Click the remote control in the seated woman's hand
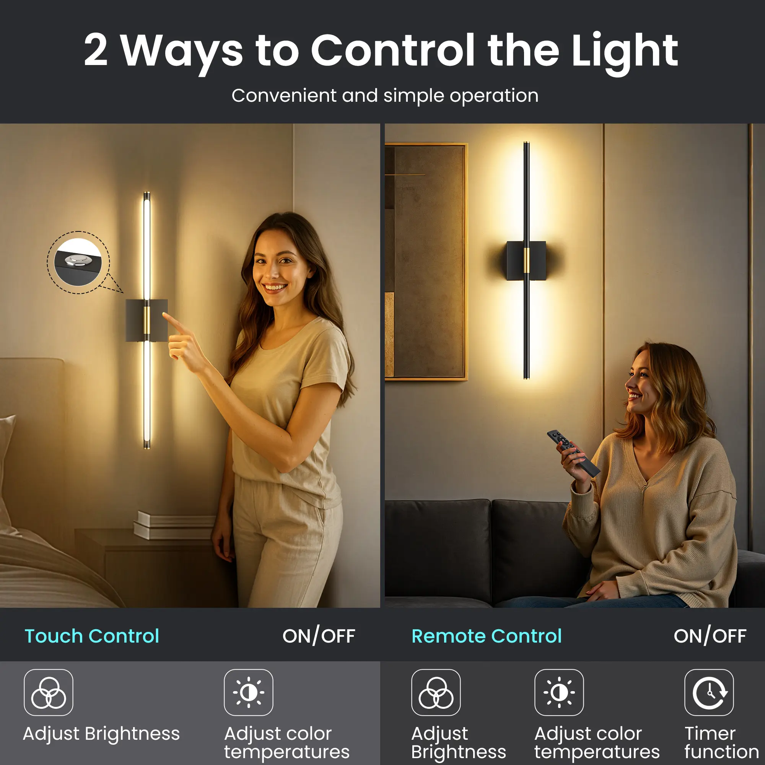click(573, 453)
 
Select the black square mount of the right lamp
click(526, 260)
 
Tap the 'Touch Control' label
click(92, 636)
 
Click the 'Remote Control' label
click(486, 636)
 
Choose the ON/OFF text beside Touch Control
click(319, 636)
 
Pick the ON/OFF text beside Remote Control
click(710, 636)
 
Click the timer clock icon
click(709, 693)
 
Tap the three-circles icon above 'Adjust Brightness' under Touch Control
click(49, 693)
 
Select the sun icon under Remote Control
click(559, 693)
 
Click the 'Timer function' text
click(721, 742)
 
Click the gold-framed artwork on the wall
click(426, 261)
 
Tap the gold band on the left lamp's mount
click(146, 320)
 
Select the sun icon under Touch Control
click(249, 693)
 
